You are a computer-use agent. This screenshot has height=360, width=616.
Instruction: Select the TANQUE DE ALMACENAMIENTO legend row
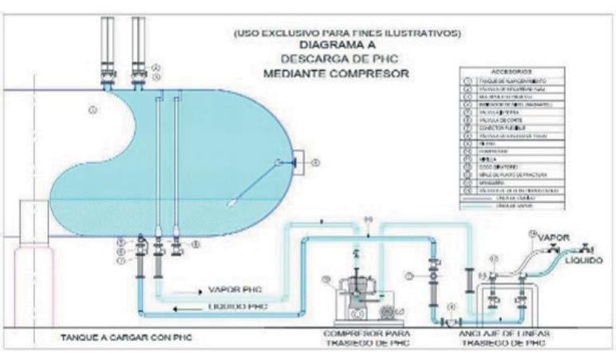pyautogui.click(x=511, y=81)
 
